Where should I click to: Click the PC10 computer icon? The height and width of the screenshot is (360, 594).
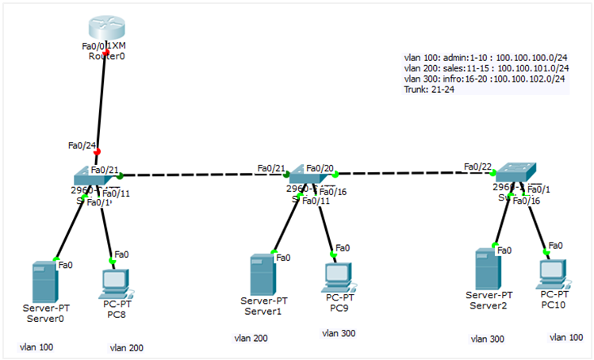click(552, 272)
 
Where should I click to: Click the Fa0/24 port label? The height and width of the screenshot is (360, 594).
click(81, 145)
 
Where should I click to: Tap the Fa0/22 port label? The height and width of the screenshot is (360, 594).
click(477, 167)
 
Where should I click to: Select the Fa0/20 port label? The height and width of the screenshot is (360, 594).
click(320, 169)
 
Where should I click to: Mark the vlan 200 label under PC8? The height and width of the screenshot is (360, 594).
click(126, 347)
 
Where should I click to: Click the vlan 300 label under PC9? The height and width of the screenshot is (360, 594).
click(339, 333)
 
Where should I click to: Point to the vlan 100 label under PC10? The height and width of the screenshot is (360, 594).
click(565, 337)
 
